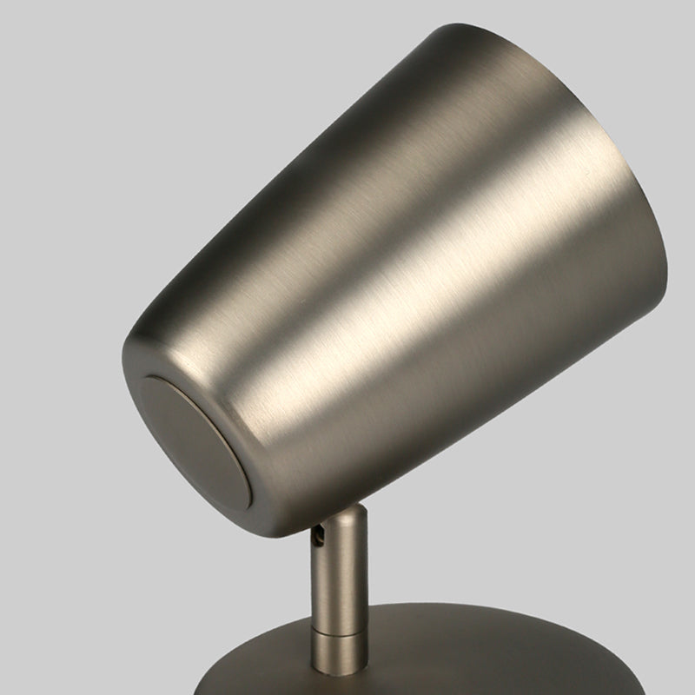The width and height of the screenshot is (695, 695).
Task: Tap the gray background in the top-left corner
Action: (x=52, y=52)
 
